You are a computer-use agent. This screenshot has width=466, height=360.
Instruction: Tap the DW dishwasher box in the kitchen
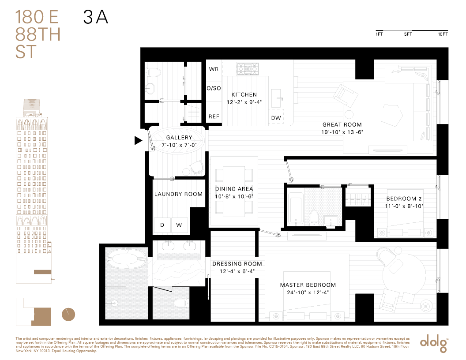276,118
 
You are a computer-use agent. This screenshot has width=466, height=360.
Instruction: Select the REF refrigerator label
214,117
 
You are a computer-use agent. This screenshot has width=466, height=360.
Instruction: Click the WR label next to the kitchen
214,69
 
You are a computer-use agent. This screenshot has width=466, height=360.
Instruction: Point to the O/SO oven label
214,89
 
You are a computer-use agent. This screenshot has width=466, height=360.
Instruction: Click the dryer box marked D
162,225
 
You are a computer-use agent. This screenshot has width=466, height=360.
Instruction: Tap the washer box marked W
179,225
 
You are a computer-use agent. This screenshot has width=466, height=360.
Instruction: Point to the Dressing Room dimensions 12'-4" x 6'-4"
237,271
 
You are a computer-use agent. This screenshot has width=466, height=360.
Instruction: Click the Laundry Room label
178,194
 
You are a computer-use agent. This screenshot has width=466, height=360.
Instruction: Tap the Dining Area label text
233,189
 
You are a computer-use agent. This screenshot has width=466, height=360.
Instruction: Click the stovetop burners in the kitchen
247,68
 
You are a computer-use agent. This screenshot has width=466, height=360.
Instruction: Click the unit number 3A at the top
95,17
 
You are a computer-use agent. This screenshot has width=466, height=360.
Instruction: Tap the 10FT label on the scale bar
443,34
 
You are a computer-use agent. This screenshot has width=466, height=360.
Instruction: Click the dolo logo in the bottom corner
434,342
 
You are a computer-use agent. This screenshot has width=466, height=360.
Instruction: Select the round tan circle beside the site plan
68,315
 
